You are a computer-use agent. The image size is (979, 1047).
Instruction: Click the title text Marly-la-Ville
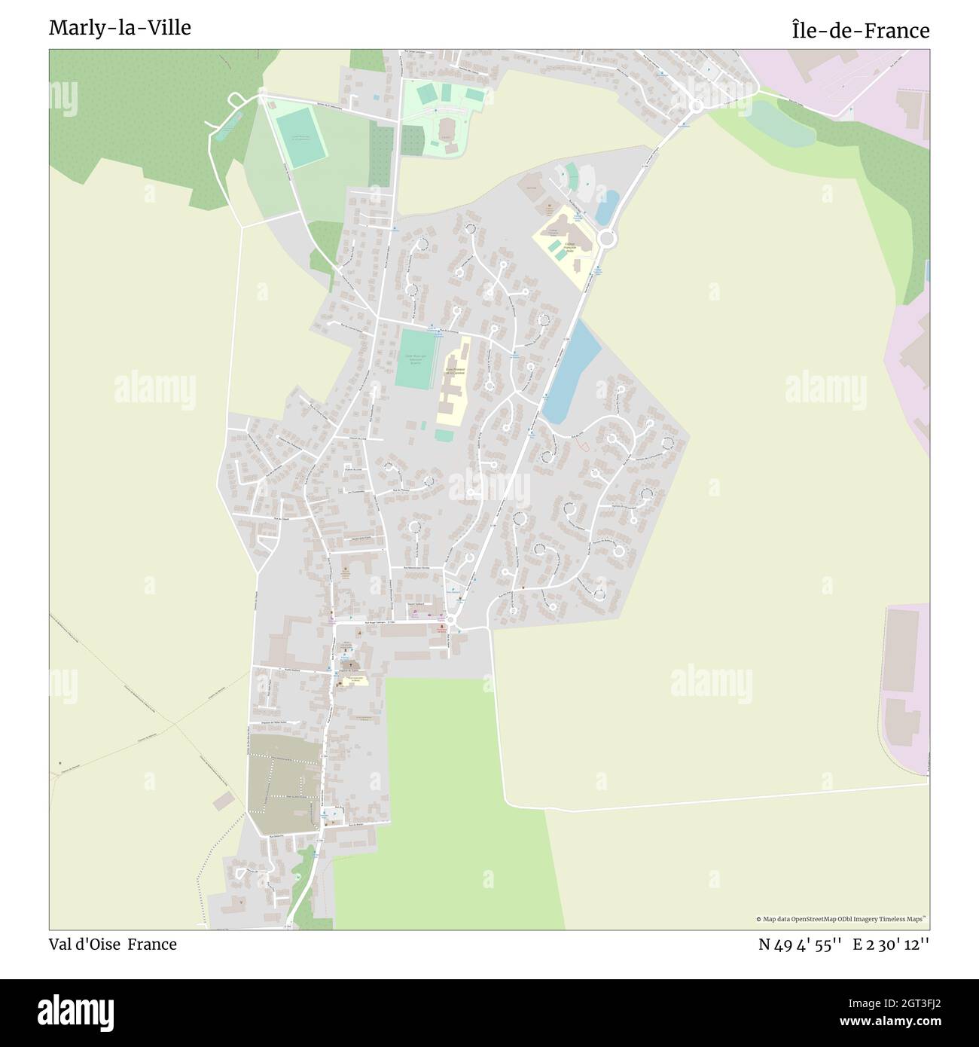(120, 28)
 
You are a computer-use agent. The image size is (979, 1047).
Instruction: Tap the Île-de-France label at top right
(860, 31)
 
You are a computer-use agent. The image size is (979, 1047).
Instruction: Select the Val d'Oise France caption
(113, 945)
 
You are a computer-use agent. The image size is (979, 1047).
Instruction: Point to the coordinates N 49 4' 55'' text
(800, 945)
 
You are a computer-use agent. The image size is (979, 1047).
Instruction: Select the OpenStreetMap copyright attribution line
(842, 919)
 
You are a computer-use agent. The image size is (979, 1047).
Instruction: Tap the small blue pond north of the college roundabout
(607, 207)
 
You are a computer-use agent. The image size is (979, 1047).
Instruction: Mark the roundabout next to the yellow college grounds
(608, 240)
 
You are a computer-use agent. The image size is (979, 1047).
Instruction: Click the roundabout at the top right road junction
(696, 106)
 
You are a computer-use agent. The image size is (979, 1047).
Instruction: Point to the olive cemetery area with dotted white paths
(283, 783)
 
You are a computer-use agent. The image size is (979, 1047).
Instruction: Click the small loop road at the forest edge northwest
(235, 99)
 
